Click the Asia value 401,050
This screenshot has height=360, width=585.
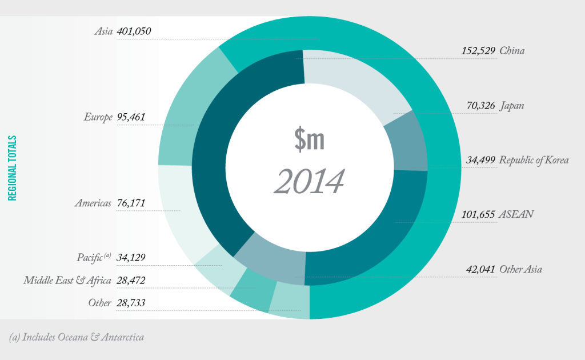[134, 31]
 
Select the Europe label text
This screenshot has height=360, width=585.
[98, 118]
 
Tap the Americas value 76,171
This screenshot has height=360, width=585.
[131, 203]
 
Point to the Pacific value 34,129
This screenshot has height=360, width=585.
[131, 258]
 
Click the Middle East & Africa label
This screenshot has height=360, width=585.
[67, 281]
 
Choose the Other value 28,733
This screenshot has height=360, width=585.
[131, 303]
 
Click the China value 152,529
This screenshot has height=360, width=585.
[479, 51]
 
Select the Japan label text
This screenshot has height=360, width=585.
[512, 106]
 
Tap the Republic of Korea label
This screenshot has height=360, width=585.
[534, 160]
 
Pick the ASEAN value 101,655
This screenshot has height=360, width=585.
[479, 215]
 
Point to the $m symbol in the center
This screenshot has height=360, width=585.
[309, 139]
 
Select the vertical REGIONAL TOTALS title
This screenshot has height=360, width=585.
[11, 168]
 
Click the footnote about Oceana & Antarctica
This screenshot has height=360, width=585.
[77, 337]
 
